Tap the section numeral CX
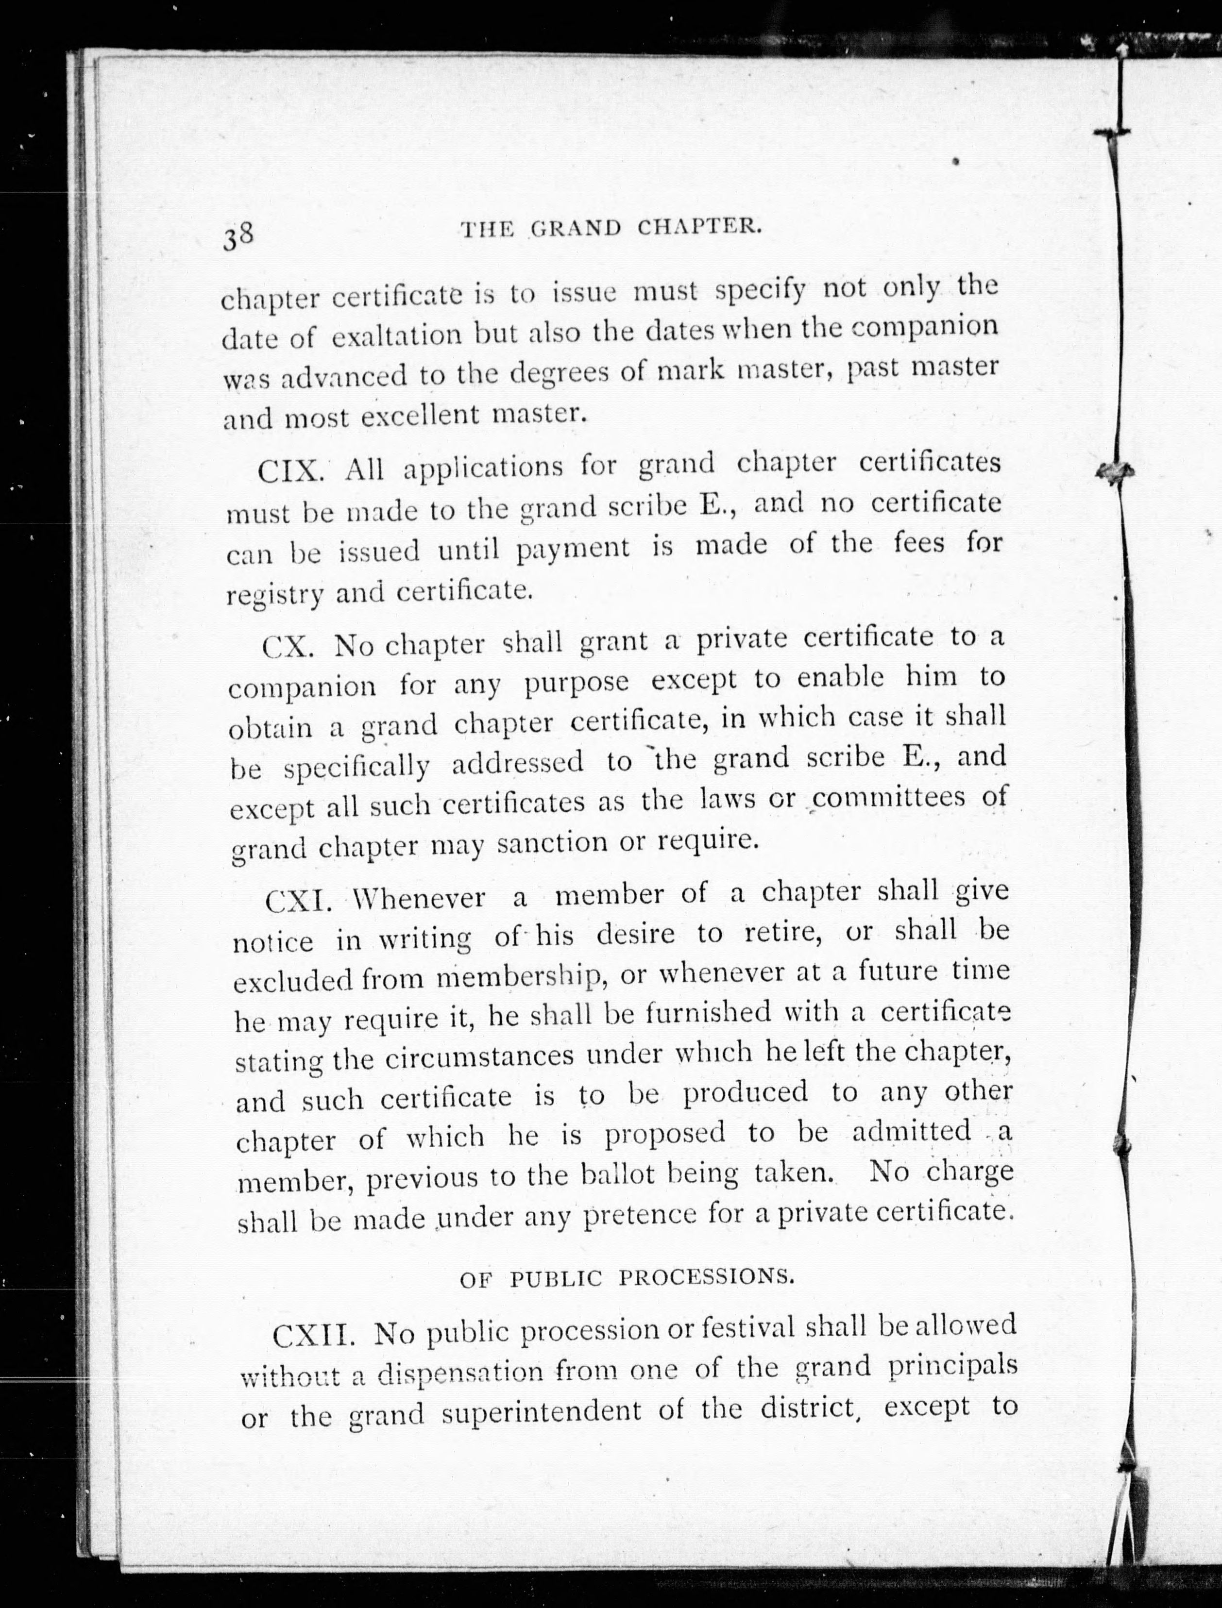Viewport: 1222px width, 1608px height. tap(288, 646)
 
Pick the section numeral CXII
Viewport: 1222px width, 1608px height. tap(313, 1336)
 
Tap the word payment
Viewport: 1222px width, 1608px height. tap(573, 549)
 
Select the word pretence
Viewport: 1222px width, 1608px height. tap(640, 1215)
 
